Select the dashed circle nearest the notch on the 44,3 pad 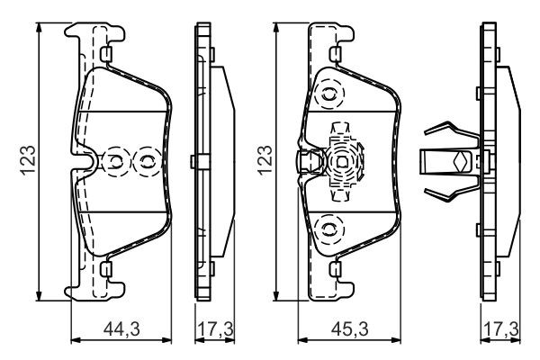pyautogui.click(x=116, y=162)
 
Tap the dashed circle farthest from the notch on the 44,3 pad pyautogui.click(x=145, y=162)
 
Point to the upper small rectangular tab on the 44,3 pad pyautogui.click(x=107, y=57)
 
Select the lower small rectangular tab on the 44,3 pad pyautogui.click(x=107, y=268)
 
